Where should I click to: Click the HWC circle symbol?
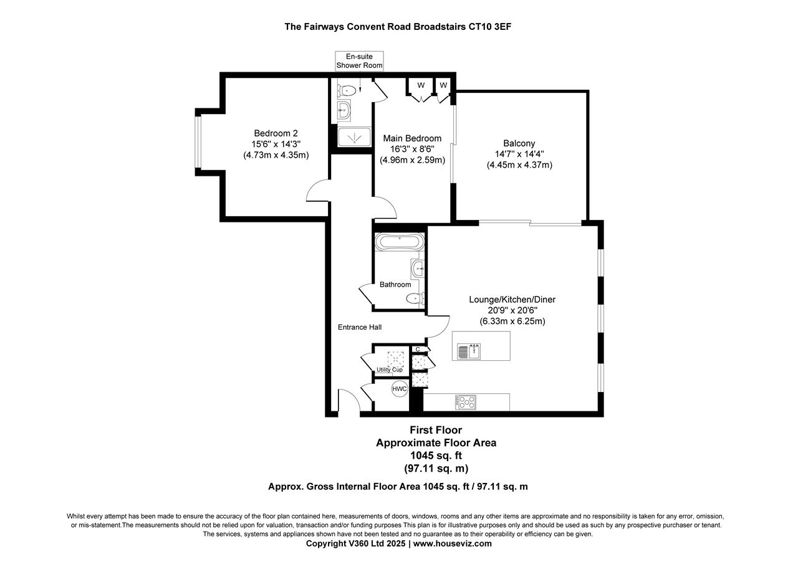point(399,389)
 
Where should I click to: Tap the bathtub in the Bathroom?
point(400,242)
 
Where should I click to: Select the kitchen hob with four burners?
point(466,402)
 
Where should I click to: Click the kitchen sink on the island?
point(469,351)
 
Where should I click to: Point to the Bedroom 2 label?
point(276,133)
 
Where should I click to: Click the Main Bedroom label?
point(412,138)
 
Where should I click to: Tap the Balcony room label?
point(519,143)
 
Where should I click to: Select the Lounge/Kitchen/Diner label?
point(512,300)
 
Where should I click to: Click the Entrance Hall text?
point(360,327)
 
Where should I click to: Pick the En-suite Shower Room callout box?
point(359,61)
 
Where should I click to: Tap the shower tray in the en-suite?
point(353,136)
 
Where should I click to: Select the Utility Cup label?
point(389,370)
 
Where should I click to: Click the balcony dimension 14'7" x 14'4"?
point(519,155)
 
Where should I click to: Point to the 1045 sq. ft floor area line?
point(436,456)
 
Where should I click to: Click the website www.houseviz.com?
point(452,543)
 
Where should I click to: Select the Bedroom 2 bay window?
point(197,142)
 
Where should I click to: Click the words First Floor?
point(436,430)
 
